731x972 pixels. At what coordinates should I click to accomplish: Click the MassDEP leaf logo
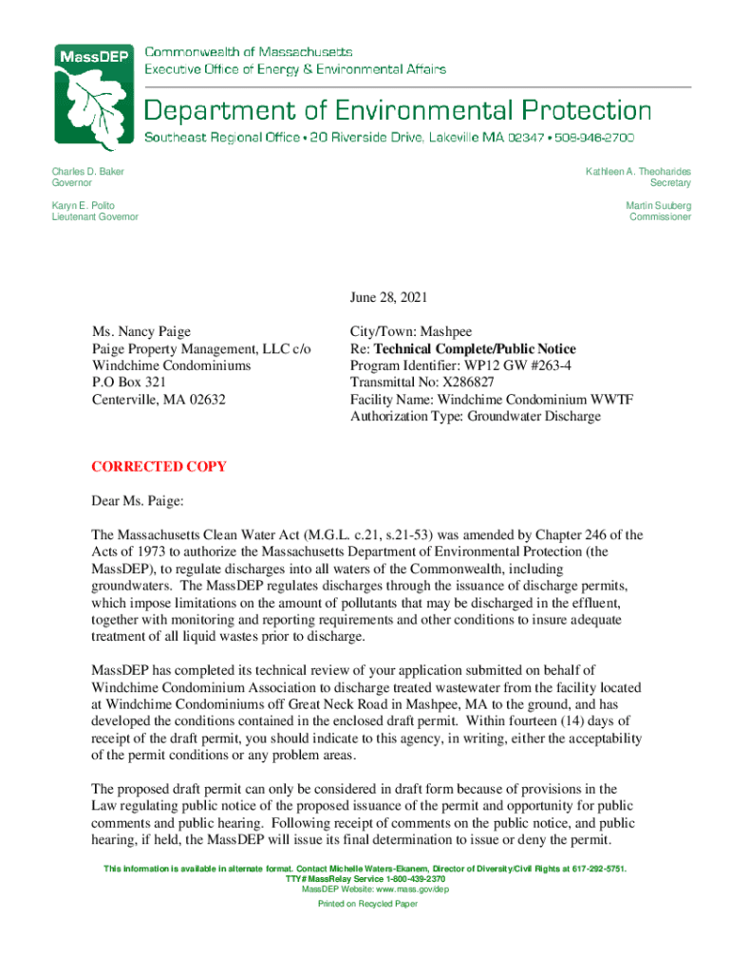(x=95, y=98)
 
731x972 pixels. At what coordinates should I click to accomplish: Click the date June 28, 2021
(x=389, y=297)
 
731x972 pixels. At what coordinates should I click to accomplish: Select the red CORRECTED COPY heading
(x=159, y=467)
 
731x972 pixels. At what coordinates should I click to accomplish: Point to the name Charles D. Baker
(x=87, y=172)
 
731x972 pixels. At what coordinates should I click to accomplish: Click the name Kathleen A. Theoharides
(x=638, y=172)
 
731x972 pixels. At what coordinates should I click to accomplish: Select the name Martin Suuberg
(x=658, y=205)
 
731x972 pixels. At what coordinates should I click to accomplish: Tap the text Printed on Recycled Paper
(x=367, y=904)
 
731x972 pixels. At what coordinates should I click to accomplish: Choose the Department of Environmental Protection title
(x=397, y=109)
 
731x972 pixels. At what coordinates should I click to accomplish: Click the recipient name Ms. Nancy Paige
(x=141, y=331)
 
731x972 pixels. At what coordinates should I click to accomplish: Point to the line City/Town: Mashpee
(x=411, y=331)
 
